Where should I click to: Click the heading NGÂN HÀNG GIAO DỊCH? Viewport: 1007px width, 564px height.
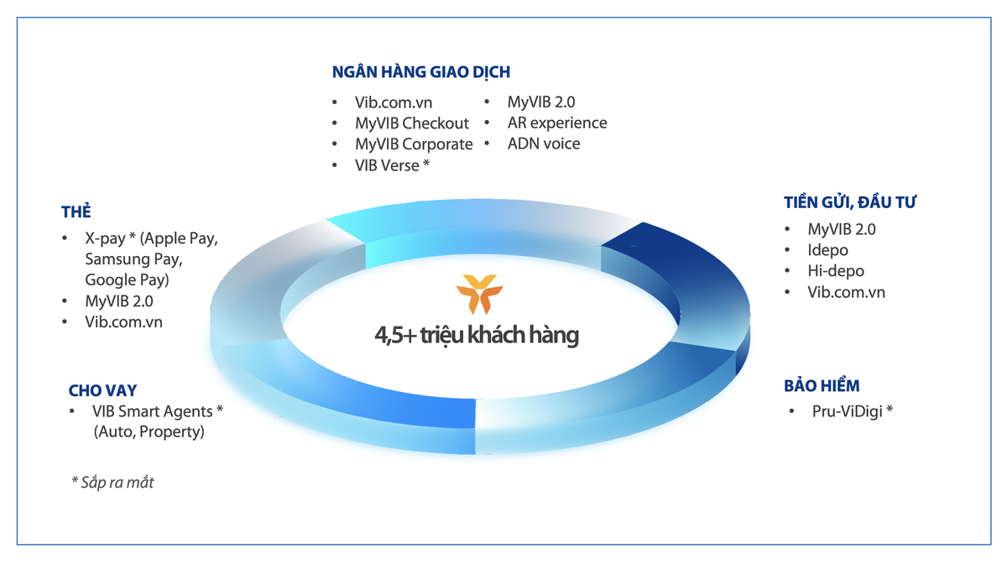click(421, 72)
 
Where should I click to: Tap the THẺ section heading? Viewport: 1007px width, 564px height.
click(76, 211)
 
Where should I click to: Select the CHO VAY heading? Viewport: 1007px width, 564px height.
click(102, 390)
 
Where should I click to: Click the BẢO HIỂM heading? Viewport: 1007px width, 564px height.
click(822, 385)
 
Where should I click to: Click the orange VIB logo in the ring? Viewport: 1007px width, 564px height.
click(478, 293)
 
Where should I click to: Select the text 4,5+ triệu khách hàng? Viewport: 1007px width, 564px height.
click(477, 337)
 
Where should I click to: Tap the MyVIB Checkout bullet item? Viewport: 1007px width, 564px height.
click(411, 123)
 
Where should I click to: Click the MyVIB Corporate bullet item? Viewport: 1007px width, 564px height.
click(414, 144)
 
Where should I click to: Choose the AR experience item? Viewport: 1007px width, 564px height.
click(556, 123)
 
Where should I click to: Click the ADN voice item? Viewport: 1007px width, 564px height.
click(543, 144)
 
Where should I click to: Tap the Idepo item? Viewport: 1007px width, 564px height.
click(827, 250)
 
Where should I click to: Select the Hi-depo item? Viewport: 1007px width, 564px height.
click(835, 271)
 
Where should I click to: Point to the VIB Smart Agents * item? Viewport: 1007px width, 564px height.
click(158, 411)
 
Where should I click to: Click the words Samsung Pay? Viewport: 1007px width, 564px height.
click(133, 259)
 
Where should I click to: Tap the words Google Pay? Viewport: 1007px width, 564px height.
click(126, 279)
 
